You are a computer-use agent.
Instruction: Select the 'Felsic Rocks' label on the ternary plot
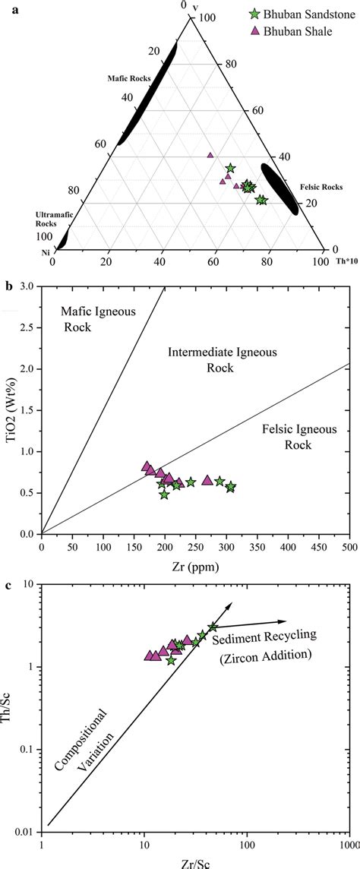pyautogui.click(x=323, y=187)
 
